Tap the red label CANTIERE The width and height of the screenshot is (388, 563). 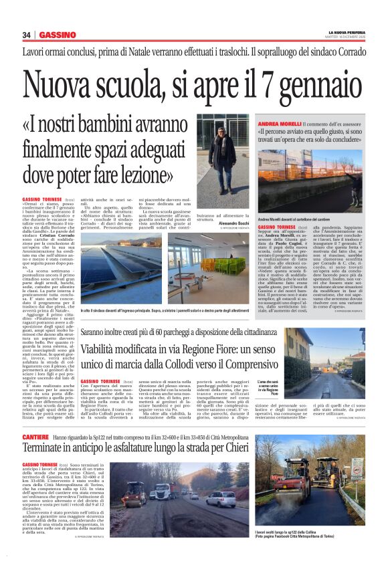(34, 417)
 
